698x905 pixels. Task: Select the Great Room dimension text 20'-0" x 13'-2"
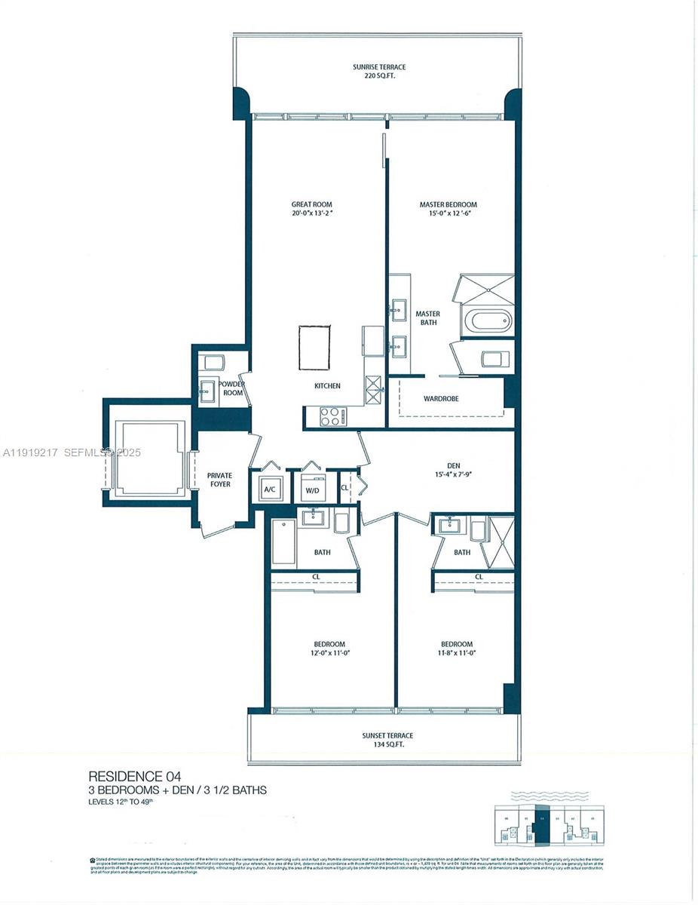point(312,213)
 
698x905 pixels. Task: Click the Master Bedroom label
point(448,204)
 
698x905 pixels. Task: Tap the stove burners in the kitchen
point(332,416)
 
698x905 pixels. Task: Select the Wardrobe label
point(441,398)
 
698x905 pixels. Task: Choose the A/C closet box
point(269,489)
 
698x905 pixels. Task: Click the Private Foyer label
point(219,480)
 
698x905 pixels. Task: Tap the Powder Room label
point(233,388)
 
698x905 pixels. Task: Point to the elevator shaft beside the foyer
point(148,458)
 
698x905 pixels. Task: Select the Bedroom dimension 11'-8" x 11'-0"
point(457,653)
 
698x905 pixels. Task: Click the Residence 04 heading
point(135,776)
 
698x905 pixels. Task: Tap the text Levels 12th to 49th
point(125,802)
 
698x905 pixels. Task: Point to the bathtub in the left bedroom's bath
point(283,541)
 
